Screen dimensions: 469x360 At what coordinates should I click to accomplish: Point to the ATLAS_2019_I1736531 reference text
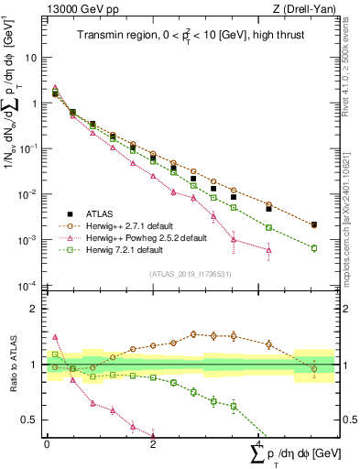(x=191, y=275)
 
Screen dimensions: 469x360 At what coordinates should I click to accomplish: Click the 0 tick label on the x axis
(x=47, y=443)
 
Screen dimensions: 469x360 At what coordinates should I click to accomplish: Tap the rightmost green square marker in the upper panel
(x=314, y=248)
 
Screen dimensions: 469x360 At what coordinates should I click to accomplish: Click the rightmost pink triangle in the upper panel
(x=268, y=249)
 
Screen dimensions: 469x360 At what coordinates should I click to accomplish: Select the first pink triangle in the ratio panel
(x=55, y=337)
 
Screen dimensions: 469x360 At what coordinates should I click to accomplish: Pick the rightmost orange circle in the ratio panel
(x=314, y=369)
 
